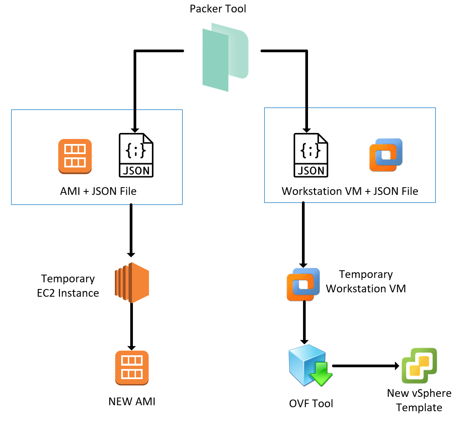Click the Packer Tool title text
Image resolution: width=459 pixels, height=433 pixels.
pos(218,9)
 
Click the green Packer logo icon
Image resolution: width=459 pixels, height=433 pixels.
pos(225,57)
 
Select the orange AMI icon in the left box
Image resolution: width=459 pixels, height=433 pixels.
pos(75,156)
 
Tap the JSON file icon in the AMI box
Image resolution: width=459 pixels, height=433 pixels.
pos(136,155)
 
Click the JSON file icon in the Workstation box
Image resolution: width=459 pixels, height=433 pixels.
pos(311,155)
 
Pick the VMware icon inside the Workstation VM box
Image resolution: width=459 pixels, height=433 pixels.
pos(386,155)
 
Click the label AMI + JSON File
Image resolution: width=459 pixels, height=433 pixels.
pos(98,191)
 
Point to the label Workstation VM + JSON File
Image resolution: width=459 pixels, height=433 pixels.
pos(350,191)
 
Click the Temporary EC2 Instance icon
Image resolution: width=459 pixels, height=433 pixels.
pos(132,283)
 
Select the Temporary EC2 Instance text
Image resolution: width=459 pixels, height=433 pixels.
pos(68,286)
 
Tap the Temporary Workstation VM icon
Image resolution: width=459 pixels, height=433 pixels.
pos(303,284)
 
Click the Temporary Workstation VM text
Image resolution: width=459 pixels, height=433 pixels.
pos(366,281)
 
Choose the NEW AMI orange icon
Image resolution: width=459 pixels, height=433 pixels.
pos(132,368)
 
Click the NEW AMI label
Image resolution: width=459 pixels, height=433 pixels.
pos(132,402)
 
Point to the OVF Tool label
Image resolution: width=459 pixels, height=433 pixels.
pos(311,404)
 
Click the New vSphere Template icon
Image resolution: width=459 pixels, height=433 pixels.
pos(419,365)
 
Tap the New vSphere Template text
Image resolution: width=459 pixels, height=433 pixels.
pos(419,400)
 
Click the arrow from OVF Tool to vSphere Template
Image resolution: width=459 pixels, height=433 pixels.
pos(365,366)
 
